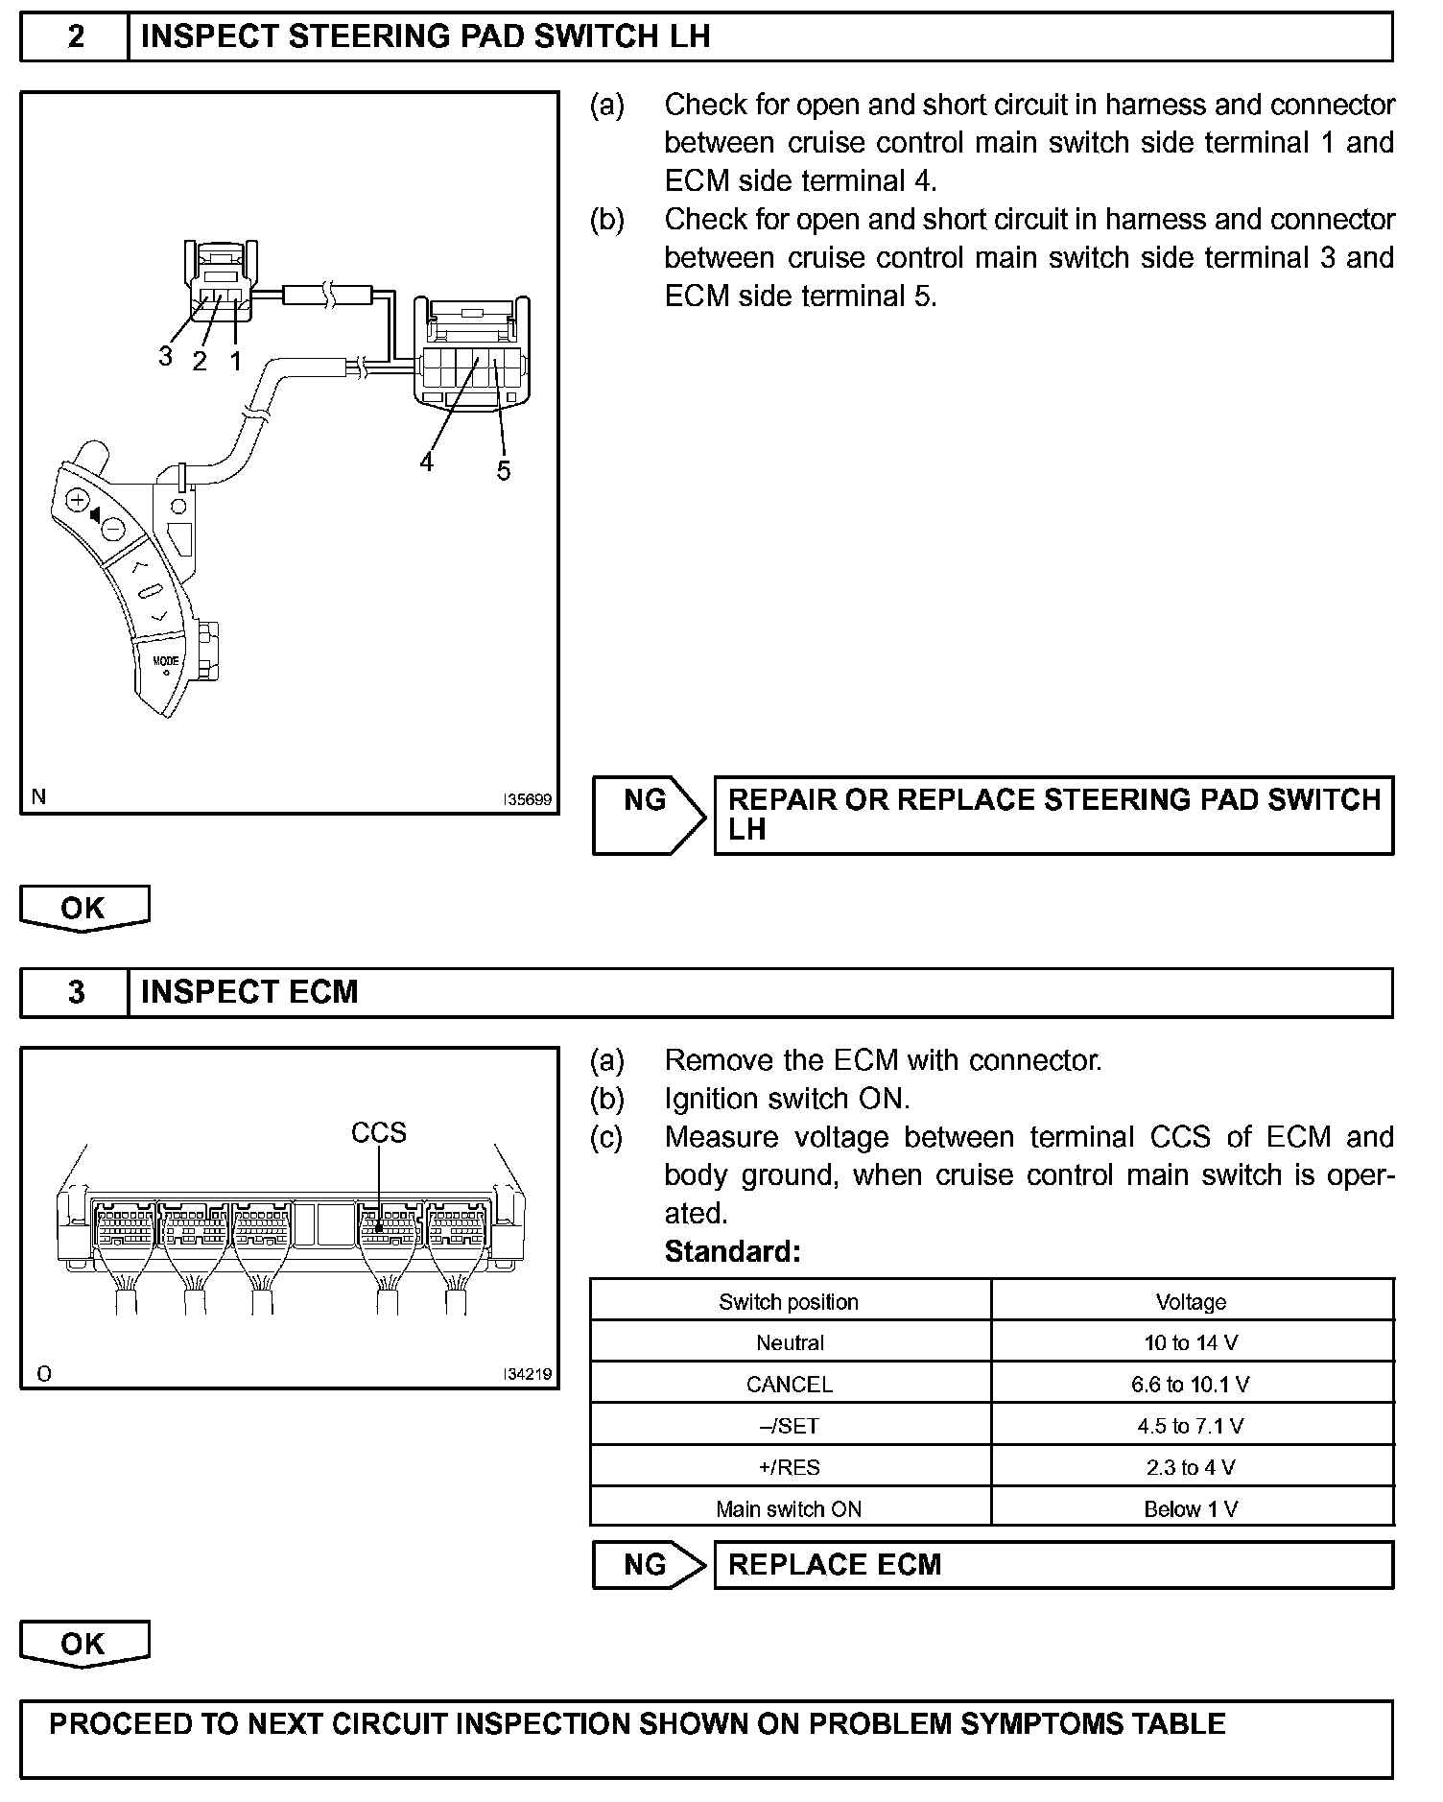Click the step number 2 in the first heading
76,36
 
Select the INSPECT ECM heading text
249,992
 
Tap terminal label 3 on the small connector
165,356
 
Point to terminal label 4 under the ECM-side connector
426,462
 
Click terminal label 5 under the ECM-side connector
504,470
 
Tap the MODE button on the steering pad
166,661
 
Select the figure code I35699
529,799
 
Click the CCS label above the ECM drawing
379,1133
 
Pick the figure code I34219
529,1374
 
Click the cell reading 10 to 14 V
1191,1342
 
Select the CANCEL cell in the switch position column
790,1385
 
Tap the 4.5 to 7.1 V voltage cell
1191,1426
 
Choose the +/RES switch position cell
790,1467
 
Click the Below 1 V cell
1191,1509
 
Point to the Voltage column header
1191,1302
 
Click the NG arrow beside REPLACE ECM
648,1565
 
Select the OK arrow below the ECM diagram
84,1644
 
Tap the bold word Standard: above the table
732,1252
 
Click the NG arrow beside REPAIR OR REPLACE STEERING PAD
648,815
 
